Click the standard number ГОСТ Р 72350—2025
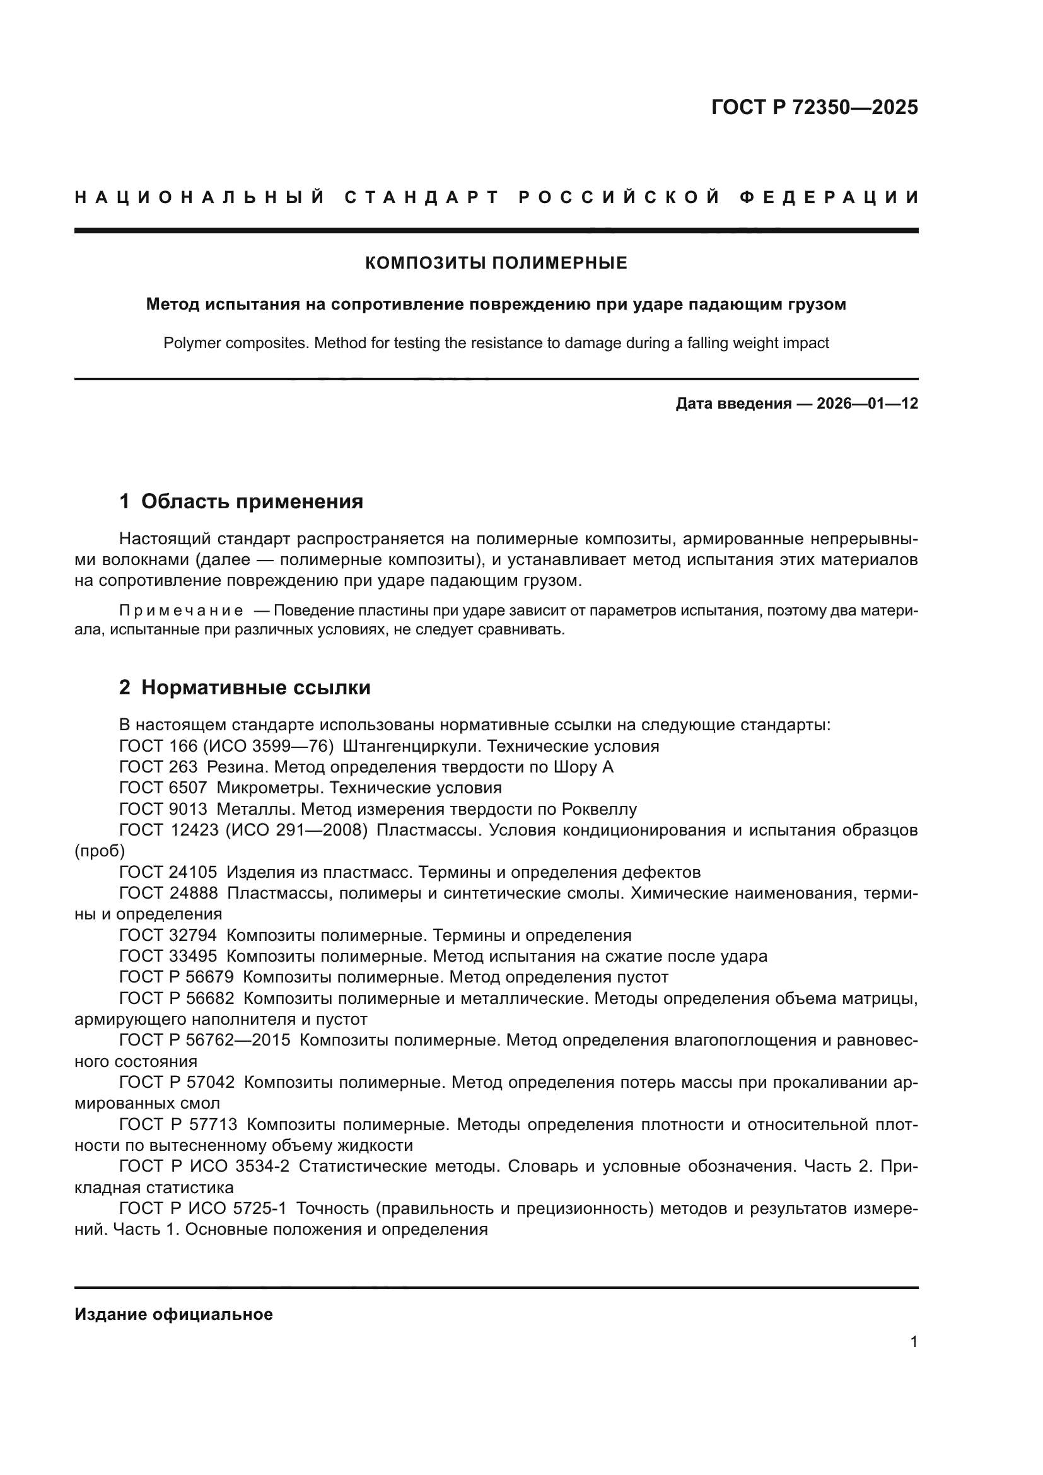[x=814, y=107]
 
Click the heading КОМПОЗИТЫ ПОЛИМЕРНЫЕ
[x=496, y=263]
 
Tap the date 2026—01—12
[x=867, y=404]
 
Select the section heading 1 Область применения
[x=241, y=501]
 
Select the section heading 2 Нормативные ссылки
[x=245, y=687]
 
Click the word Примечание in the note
[x=181, y=610]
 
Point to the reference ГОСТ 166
[x=158, y=746]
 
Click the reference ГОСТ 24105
[x=168, y=872]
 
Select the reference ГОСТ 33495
[x=168, y=957]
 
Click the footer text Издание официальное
[x=173, y=1314]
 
